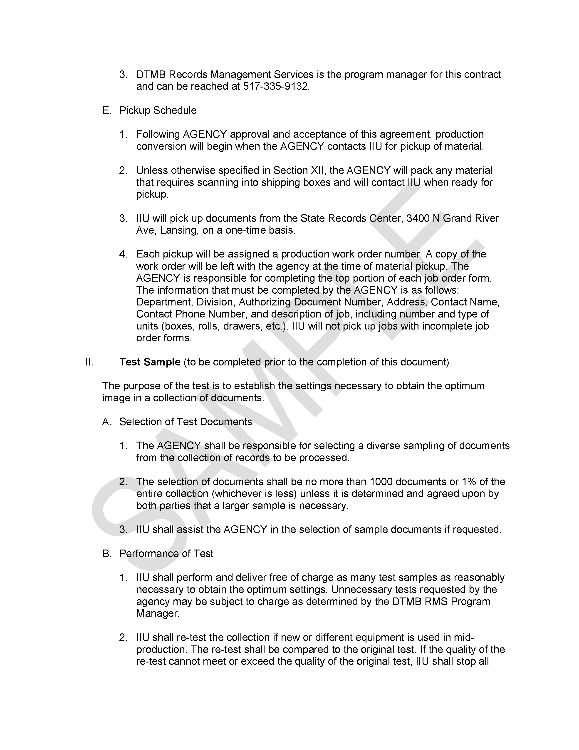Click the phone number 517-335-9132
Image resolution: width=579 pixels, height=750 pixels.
tap(276, 86)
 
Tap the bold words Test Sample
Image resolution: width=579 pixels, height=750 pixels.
tap(150, 362)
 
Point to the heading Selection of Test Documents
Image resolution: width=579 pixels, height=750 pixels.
tap(185, 422)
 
